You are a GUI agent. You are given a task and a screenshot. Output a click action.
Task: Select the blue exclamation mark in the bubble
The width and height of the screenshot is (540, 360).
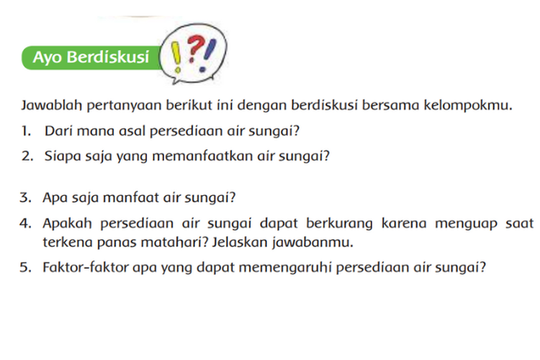pyautogui.click(x=207, y=55)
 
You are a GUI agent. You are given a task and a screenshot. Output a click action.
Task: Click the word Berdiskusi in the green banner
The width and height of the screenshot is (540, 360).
pyautogui.click(x=108, y=57)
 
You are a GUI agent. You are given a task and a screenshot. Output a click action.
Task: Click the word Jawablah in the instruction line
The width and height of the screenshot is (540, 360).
pyautogui.click(x=52, y=105)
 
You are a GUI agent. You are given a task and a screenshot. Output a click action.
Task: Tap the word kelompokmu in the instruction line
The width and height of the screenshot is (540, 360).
pyautogui.click(x=468, y=105)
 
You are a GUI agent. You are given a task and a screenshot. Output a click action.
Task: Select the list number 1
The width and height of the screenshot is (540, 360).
pyautogui.click(x=26, y=131)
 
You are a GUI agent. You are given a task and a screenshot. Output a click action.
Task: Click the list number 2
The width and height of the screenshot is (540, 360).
pyautogui.click(x=27, y=156)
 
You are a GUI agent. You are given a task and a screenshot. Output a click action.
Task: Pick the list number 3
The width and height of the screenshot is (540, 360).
pyautogui.click(x=25, y=198)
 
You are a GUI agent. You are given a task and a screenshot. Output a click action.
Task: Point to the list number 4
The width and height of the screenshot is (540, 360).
pyautogui.click(x=25, y=223)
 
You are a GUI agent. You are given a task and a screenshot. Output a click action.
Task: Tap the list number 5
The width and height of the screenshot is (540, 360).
pyautogui.click(x=25, y=267)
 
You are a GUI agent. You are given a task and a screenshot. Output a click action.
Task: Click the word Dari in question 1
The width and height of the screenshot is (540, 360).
pyautogui.click(x=58, y=131)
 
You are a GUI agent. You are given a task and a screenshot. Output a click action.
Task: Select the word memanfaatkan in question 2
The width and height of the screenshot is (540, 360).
pyautogui.click(x=202, y=156)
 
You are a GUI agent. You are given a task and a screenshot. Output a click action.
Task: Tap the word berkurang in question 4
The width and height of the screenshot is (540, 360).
pyautogui.click(x=339, y=224)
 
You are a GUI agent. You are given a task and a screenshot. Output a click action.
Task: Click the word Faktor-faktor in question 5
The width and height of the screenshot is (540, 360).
pyautogui.click(x=86, y=267)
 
